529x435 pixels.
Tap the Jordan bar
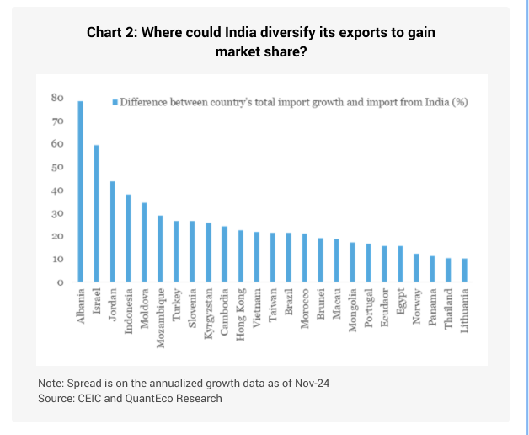[113, 232]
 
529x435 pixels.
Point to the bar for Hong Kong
[241, 256]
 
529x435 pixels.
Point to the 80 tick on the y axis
[58, 98]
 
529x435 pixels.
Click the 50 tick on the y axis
[58, 167]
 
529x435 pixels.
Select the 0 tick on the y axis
[61, 282]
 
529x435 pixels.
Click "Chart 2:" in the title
[111, 33]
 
